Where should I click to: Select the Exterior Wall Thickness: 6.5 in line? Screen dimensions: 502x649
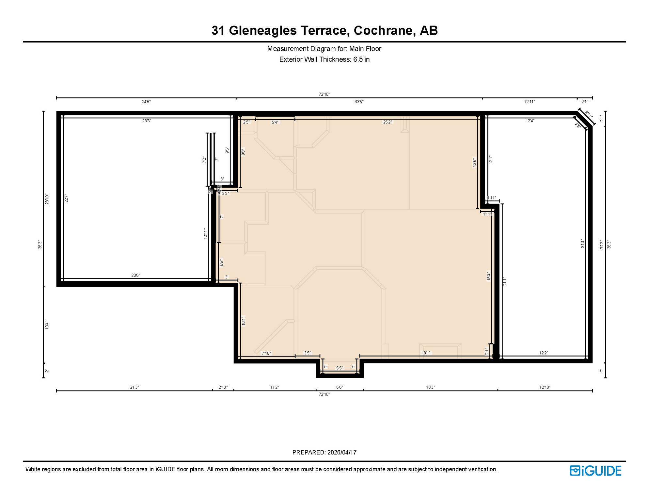[x=324, y=59]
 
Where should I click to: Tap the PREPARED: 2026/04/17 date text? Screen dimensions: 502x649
[x=324, y=452]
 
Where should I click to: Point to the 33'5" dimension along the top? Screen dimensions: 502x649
[x=359, y=102]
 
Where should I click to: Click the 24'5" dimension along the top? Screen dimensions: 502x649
[x=146, y=102]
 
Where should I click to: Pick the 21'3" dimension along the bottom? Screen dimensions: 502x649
[x=135, y=387]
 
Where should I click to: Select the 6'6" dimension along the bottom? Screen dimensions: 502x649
[x=340, y=387]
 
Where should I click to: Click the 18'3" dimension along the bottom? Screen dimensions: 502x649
[x=430, y=387]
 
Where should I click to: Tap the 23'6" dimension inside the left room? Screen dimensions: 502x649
[x=147, y=121]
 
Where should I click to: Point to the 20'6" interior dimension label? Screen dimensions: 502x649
[x=136, y=275]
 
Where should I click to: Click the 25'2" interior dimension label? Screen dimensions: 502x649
[x=387, y=122]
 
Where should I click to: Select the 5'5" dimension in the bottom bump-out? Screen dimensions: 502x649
[x=340, y=368]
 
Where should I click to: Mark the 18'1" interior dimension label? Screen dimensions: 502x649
[x=426, y=353]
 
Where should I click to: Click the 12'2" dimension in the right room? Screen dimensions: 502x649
[x=544, y=353]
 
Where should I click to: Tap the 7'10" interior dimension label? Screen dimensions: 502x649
[x=266, y=353]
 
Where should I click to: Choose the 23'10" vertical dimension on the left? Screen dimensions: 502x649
[x=47, y=199]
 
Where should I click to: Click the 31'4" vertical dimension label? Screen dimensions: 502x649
[x=582, y=243]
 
